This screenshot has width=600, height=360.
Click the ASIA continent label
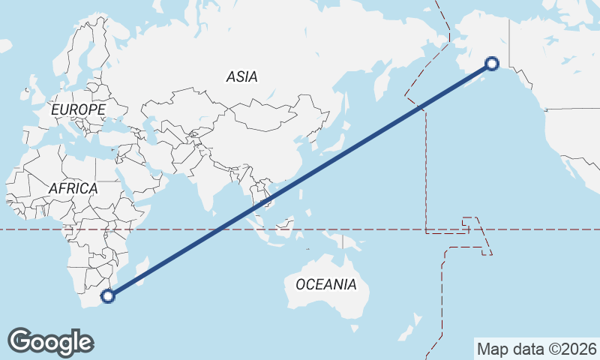click(x=241, y=76)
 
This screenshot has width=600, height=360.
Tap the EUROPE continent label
click(x=78, y=109)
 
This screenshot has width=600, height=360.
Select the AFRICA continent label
click(x=73, y=188)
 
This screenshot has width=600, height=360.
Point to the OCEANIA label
click(x=325, y=284)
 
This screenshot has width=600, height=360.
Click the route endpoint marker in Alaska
click(x=492, y=64)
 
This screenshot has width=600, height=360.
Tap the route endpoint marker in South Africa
click(x=108, y=296)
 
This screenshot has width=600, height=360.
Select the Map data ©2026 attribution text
click(x=536, y=349)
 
